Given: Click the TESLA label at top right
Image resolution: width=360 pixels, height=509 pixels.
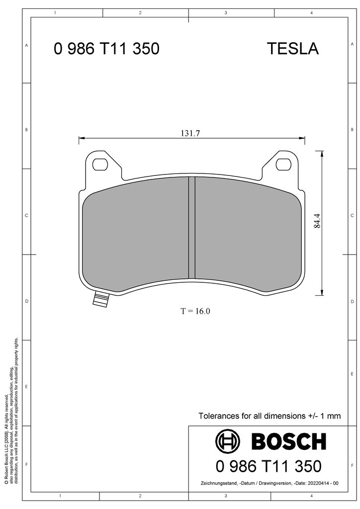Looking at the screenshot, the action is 293,49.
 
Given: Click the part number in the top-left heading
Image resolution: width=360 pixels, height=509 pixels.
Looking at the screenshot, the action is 106,49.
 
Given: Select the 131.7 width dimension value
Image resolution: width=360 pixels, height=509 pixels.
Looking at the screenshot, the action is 190,133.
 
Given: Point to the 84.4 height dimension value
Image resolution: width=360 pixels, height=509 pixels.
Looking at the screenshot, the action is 317,220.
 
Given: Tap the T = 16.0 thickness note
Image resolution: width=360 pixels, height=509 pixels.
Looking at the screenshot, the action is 195,311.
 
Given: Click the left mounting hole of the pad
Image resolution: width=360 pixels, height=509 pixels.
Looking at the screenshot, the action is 100,164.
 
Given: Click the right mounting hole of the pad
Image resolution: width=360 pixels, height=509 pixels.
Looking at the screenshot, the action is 283,164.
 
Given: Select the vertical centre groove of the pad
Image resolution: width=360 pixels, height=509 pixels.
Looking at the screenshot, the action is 192,228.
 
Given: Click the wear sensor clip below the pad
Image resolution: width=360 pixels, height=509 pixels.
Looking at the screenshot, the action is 101,299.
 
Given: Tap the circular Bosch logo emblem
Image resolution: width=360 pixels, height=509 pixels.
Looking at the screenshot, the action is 228,441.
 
